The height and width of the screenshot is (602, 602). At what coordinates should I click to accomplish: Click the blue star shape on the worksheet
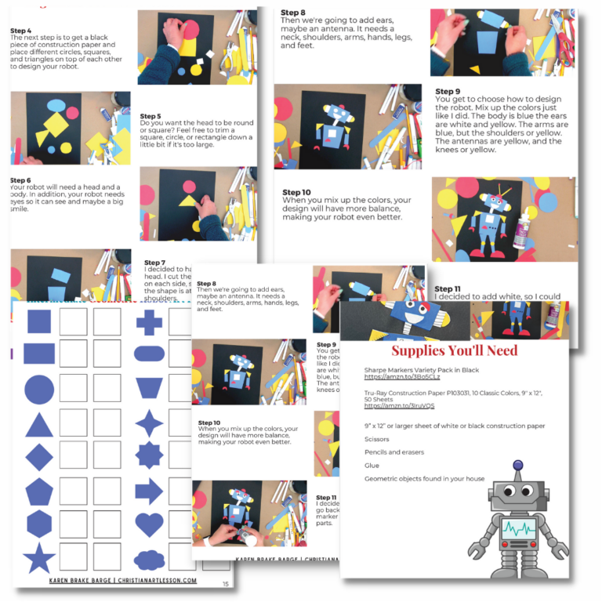(39, 558)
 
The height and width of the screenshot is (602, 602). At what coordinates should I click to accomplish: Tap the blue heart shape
(149, 524)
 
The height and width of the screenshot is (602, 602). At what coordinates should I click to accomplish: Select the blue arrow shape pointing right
(149, 491)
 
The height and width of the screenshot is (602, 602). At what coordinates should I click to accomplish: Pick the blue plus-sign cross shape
(149, 321)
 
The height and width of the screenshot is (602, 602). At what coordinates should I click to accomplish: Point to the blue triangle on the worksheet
(39, 425)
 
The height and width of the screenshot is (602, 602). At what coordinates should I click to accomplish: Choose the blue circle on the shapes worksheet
(39, 389)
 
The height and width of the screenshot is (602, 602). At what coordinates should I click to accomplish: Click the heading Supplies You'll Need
(455, 350)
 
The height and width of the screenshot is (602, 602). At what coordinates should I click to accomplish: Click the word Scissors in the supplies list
(378, 440)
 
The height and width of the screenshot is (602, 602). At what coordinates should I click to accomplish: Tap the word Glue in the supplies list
(372, 466)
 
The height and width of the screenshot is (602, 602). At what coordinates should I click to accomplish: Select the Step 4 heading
(21, 30)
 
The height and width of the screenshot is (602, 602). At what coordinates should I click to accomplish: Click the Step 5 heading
(151, 116)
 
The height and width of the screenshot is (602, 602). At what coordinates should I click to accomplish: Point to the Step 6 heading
(21, 180)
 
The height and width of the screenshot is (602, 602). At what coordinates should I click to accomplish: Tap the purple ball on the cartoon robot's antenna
(517, 466)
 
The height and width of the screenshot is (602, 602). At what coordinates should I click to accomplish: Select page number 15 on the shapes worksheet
(226, 583)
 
